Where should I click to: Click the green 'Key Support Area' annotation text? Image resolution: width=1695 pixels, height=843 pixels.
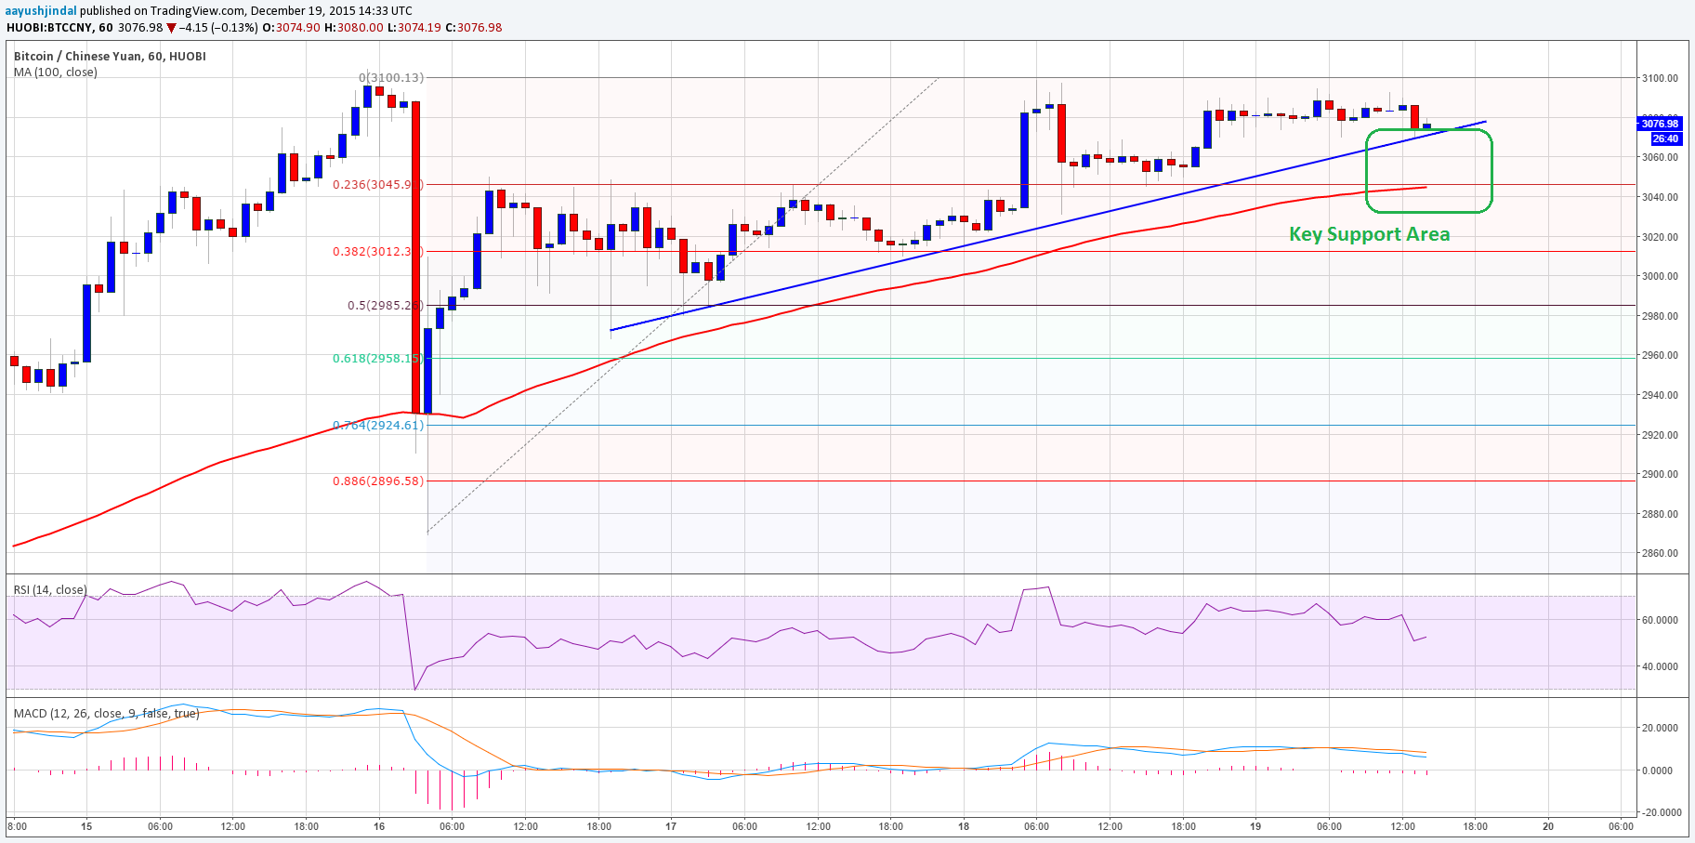[1369, 234]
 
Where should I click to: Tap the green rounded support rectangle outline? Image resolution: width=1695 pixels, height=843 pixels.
[1491, 171]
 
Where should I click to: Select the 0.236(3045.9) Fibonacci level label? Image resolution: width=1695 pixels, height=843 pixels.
[377, 184]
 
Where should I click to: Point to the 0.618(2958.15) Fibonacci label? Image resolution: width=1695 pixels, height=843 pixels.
[377, 358]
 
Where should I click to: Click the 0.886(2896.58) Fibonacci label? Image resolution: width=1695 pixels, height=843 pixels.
[377, 481]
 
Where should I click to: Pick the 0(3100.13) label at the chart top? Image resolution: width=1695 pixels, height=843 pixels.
[390, 78]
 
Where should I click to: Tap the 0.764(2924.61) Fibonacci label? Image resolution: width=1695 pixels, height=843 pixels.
[377, 425]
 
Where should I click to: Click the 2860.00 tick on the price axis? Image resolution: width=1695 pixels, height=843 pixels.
[1660, 553]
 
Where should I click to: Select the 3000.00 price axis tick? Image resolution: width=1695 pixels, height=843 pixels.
[1660, 276]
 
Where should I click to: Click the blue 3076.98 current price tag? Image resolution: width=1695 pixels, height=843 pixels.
[1660, 124]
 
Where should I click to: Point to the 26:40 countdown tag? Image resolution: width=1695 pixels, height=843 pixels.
[1665, 138]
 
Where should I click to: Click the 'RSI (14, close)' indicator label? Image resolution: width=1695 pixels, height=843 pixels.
[50, 590]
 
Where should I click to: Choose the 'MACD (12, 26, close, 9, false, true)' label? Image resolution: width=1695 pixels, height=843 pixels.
[106, 713]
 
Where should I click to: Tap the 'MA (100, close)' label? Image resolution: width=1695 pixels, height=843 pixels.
[55, 72]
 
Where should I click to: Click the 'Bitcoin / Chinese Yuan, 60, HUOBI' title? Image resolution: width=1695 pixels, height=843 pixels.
[110, 56]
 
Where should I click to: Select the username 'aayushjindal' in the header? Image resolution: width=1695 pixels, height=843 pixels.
[42, 10]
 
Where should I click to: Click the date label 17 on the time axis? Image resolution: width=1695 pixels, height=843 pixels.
[671, 826]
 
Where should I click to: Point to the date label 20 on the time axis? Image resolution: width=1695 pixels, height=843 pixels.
[1548, 826]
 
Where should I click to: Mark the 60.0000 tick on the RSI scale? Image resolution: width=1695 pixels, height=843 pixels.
[1660, 620]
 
